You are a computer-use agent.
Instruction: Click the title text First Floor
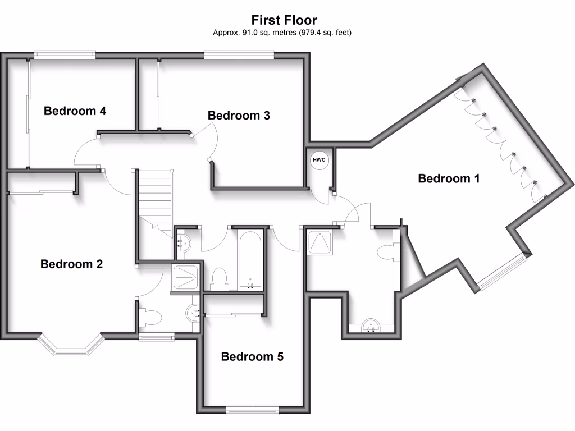point(284,20)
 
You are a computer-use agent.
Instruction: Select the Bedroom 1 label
point(449,178)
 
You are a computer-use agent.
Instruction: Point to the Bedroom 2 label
point(71,264)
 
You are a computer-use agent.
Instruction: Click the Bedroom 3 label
point(239,116)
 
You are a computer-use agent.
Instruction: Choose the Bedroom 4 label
point(75,111)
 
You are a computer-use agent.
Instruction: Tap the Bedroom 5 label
point(252,356)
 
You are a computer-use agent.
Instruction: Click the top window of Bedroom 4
point(63,54)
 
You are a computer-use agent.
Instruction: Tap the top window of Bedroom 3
point(239,54)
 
